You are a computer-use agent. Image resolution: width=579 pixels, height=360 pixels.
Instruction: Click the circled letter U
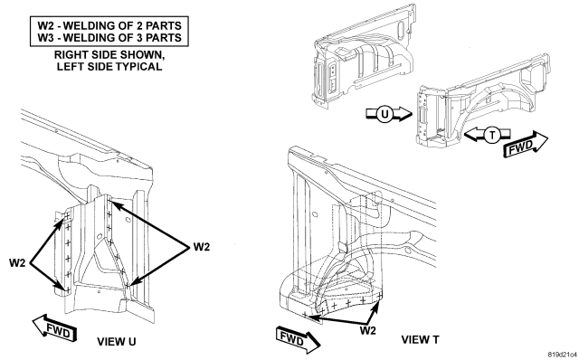384,114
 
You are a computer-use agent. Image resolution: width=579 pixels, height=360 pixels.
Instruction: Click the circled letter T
492,135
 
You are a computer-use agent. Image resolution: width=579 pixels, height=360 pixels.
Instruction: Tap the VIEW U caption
117,342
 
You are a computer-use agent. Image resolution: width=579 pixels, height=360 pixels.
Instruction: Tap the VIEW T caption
420,339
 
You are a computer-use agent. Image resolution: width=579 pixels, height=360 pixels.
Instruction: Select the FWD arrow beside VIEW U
54,327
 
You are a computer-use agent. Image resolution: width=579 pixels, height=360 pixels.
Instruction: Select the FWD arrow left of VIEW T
298,339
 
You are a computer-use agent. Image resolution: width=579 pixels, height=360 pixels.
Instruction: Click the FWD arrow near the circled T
526,145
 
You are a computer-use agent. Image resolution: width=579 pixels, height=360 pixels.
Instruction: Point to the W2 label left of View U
17,263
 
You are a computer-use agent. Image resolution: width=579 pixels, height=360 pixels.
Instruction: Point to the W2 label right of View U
201,247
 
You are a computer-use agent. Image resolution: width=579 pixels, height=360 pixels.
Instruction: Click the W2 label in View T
367,330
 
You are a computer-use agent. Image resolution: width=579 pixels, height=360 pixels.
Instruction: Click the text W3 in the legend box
45,38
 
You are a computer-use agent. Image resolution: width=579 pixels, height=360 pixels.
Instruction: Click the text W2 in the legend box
45,26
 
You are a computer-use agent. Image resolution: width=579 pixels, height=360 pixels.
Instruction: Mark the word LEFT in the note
69,66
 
